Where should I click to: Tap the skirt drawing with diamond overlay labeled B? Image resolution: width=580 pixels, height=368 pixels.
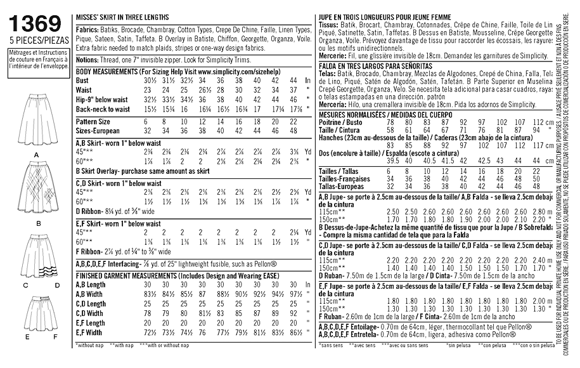click(38, 188)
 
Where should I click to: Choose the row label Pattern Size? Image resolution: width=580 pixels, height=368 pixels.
click(93, 121)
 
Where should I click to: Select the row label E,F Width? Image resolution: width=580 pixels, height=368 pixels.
click(89, 332)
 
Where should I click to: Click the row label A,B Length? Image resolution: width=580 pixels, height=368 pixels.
click(91, 286)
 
